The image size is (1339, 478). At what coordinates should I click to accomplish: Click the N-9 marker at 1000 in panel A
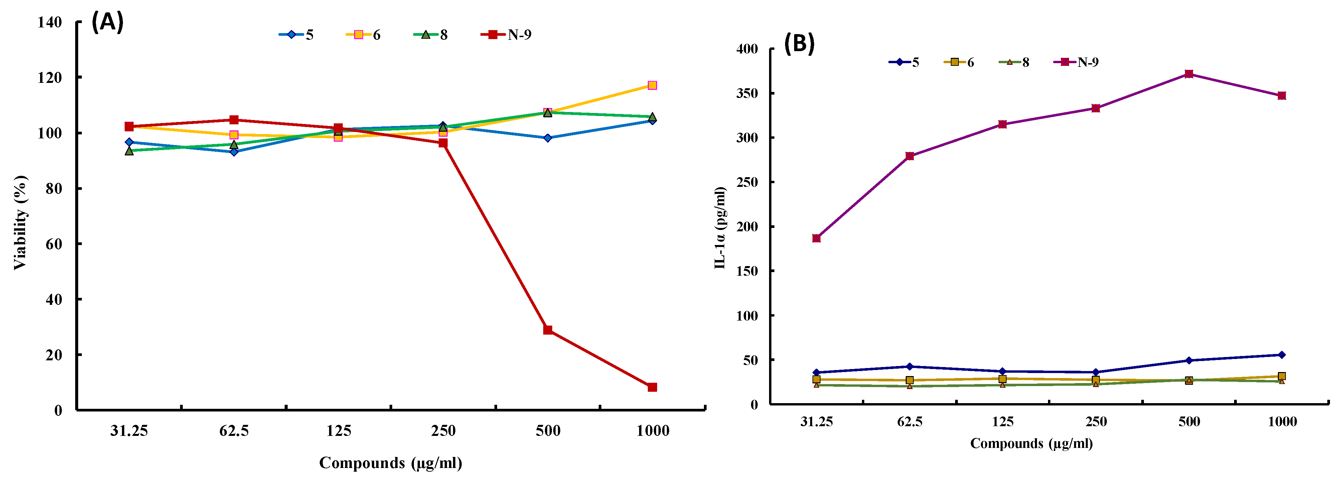coord(652,387)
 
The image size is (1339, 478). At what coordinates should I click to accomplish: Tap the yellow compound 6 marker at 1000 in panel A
coord(652,85)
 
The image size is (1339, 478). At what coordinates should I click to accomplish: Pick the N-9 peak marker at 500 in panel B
coord(1189,74)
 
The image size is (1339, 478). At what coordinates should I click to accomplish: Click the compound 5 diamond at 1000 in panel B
coord(1282,355)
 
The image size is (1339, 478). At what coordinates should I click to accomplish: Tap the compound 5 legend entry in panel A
coord(296,35)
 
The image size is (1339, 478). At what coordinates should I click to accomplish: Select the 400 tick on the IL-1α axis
coord(747,49)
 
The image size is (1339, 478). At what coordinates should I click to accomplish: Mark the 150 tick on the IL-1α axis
coord(747,271)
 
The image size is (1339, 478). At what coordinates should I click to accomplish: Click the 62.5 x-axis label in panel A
coord(234,431)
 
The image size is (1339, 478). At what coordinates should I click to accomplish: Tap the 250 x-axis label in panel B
coord(1096,421)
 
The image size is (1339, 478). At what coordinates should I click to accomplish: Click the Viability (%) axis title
coord(20,223)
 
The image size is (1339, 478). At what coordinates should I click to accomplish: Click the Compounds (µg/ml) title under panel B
coord(1031,444)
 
